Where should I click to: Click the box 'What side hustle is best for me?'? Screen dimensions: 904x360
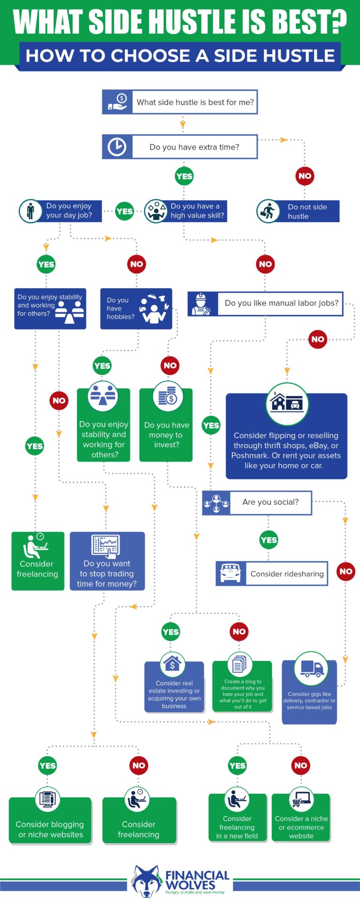pyautogui.click(x=195, y=102)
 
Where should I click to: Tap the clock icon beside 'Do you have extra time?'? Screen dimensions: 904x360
pyautogui.click(x=117, y=147)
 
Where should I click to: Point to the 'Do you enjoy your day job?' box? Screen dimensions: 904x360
pyautogui.click(x=68, y=211)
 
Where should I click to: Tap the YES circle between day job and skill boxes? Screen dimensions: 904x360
pyautogui.click(x=124, y=211)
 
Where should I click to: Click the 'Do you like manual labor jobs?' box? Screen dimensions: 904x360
pyautogui.click(x=281, y=303)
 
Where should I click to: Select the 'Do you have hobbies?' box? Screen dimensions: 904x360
pyautogui.click(x=135, y=309)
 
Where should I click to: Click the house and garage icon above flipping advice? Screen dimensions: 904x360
pyautogui.click(x=287, y=404)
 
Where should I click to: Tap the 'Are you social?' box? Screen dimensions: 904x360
pyautogui.click(x=270, y=502)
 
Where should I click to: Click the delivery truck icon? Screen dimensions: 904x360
pyautogui.click(x=312, y=669)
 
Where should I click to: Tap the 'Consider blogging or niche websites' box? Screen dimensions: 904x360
pyautogui.click(x=50, y=829)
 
